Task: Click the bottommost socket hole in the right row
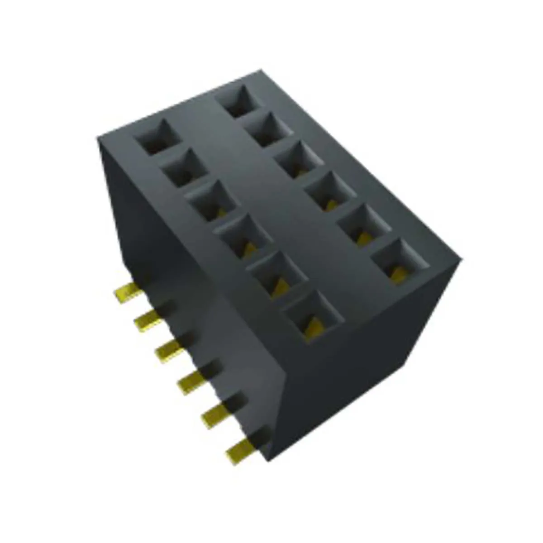click(398, 260)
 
